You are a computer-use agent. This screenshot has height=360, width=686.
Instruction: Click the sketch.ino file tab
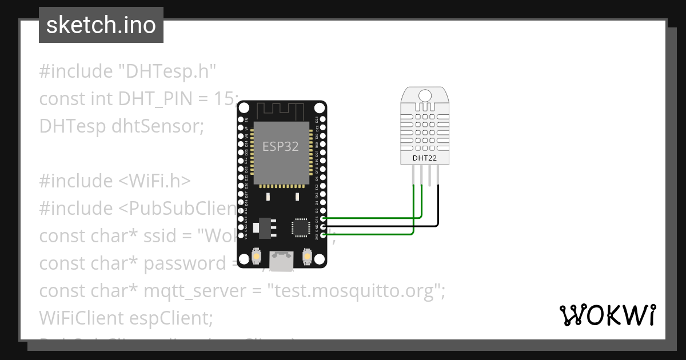pos(101,25)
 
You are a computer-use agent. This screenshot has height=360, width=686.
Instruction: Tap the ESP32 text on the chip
pos(280,146)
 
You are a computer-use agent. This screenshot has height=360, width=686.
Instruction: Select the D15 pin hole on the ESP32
pos(324,218)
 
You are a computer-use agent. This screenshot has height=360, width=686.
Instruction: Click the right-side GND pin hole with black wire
pos(324,226)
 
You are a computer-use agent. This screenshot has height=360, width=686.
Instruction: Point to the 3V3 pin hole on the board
pos(324,234)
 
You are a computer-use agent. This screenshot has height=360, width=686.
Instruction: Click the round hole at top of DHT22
pos(425,95)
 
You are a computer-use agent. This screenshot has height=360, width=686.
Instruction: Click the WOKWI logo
pos(608,315)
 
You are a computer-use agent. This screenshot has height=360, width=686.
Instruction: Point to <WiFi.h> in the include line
pos(154,181)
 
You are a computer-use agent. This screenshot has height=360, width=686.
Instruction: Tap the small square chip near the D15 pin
pos(300,227)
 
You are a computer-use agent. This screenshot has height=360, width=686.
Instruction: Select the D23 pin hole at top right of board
pos(324,119)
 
